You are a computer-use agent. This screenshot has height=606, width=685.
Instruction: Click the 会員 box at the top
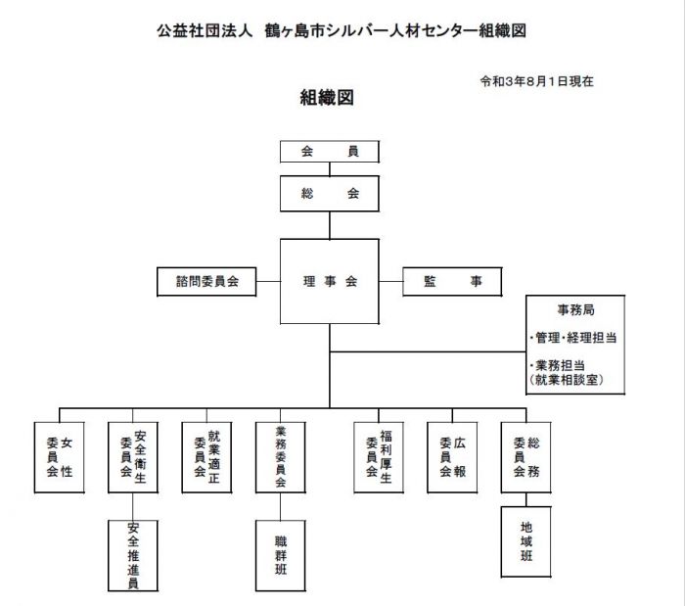[330, 152]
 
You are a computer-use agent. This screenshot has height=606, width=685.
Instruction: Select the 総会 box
[330, 194]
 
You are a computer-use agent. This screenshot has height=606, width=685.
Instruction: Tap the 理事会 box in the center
[330, 281]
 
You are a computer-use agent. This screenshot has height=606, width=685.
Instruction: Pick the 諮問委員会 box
[206, 282]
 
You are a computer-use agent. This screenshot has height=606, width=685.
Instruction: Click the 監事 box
[452, 282]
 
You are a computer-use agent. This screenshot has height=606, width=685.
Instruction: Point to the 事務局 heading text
[575, 310]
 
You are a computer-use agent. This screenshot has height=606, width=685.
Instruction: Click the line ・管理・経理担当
[572, 338]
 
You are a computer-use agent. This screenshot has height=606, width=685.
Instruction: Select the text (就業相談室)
[567, 380]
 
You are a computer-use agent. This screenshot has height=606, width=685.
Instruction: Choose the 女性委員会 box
[60, 457]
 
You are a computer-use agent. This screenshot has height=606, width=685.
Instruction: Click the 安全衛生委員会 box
[133, 457]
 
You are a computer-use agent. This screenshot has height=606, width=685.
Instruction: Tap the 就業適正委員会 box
[206, 457]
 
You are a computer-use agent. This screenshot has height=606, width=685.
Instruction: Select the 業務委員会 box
[281, 457]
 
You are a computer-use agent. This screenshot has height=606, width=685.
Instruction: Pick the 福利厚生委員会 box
[379, 457]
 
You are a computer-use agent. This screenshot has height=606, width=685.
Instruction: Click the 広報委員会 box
[452, 457]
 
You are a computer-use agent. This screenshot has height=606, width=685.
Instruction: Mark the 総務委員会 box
[526, 457]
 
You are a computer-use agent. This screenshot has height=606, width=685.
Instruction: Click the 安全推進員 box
[133, 556]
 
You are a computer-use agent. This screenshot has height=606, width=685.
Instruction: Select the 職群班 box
[281, 556]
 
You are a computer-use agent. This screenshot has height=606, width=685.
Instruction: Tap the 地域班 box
[526, 541]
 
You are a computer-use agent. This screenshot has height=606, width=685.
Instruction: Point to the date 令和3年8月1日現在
[537, 81]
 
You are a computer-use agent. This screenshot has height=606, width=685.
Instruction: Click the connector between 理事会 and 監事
[390, 281]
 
